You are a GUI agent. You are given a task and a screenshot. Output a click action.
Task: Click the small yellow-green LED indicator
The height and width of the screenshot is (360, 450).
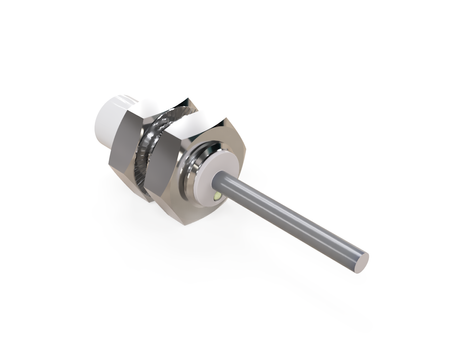coord(218,201)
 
